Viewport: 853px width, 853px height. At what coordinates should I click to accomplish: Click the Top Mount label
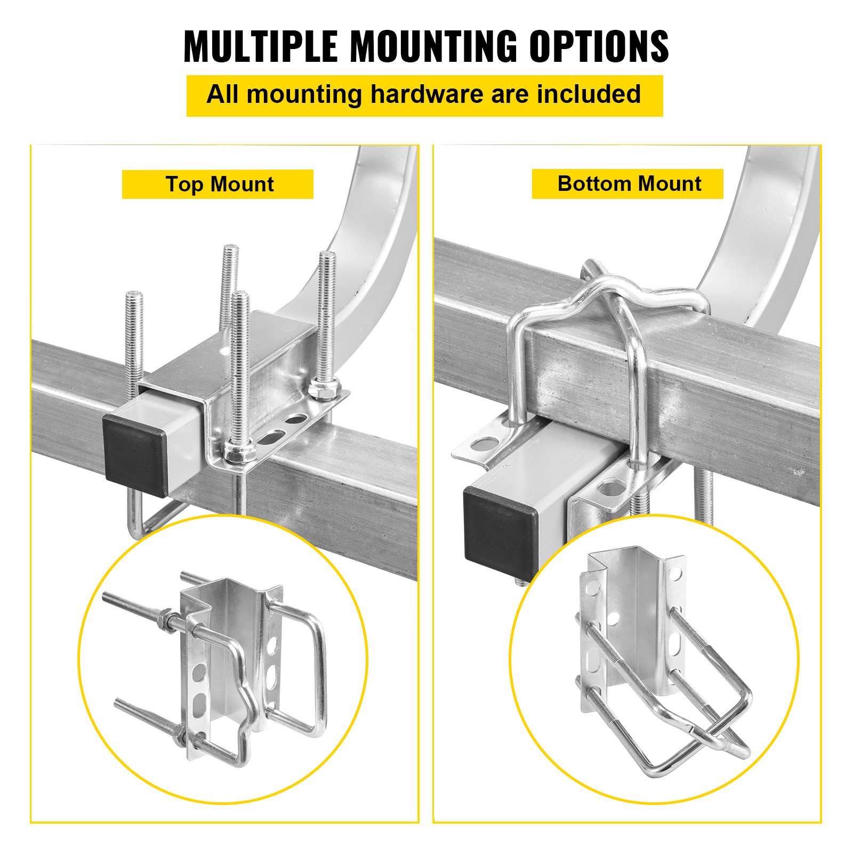pyautogui.click(x=219, y=184)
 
